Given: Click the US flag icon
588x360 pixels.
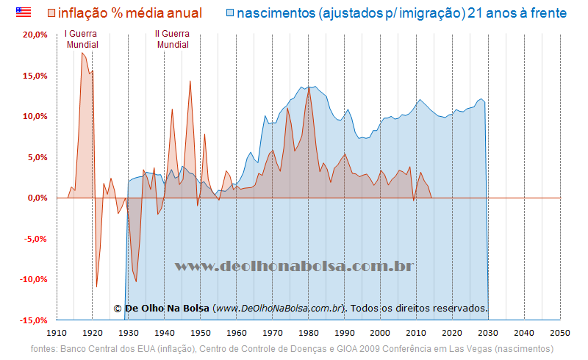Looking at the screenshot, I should tap(24, 12).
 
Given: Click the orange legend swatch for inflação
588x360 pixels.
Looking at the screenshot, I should tap(51, 12).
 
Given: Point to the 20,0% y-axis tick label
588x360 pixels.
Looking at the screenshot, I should tap(35, 35).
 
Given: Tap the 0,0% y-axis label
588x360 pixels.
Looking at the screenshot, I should tap(37, 198).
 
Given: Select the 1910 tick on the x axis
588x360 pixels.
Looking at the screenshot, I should tap(57, 333).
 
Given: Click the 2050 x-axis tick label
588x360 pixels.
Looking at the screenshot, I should tap(560, 333).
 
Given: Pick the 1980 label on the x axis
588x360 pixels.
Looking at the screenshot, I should tap(309, 333).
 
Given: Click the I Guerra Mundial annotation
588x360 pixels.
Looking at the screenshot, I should tap(82, 39).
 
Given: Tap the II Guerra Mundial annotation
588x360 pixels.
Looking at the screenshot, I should tap(172, 39).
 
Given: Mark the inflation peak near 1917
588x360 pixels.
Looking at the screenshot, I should tap(82, 53).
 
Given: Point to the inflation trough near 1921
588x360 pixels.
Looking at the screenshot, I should tap(96, 287).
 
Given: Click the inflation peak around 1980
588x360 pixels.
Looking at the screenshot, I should tap(309, 87).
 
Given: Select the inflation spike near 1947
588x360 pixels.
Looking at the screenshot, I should tap(190, 81).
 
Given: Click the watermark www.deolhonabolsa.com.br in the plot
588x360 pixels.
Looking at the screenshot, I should tap(294, 266).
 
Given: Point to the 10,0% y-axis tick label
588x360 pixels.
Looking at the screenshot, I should tap(35, 116).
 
